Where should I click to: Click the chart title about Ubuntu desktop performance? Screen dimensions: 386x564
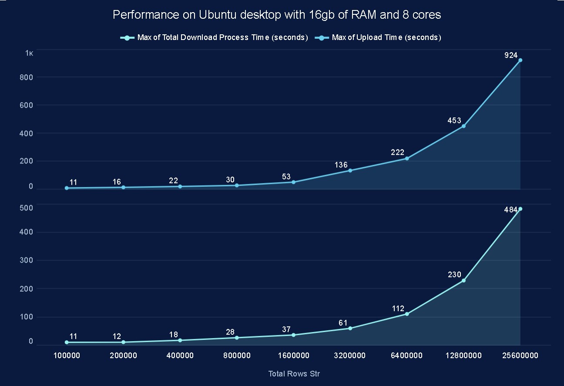click(277, 15)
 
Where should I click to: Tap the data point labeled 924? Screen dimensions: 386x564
click(520, 60)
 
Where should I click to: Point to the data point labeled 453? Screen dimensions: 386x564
click(463, 126)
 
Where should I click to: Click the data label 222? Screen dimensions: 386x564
click(397, 153)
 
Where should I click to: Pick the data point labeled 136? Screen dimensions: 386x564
click(350, 170)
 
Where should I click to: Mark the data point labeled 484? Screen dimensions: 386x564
click(520, 209)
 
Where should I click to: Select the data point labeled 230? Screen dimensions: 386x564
click(463, 280)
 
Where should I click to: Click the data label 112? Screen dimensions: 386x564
click(397, 309)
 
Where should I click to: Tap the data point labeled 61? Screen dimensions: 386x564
click(350, 328)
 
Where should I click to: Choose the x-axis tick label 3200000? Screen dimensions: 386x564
click(350, 356)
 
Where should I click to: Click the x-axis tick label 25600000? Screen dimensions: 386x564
click(520, 356)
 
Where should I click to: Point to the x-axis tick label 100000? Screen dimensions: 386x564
click(67, 356)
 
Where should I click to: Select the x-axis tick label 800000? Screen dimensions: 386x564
click(237, 356)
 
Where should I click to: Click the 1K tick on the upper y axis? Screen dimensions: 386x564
click(29, 53)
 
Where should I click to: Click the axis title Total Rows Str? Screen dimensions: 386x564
click(294, 374)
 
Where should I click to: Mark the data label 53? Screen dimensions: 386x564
click(286, 177)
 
